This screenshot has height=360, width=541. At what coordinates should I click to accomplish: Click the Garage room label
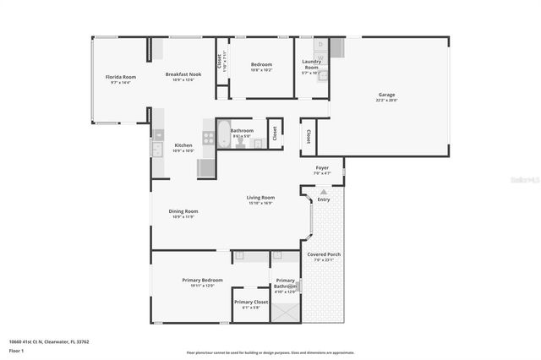click(386, 95)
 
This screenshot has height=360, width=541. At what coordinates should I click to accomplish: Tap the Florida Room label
click(121, 77)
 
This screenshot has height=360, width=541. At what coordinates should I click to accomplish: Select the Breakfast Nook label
click(183, 74)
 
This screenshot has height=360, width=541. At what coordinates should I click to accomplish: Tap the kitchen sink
click(157, 150)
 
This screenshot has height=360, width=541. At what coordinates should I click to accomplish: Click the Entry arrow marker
click(324, 191)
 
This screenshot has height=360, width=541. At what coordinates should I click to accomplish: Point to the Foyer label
click(322, 167)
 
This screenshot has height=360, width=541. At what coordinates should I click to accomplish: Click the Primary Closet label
click(251, 302)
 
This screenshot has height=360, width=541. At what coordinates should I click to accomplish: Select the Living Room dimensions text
click(260, 203)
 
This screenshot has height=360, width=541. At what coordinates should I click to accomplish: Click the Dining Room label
click(184, 211)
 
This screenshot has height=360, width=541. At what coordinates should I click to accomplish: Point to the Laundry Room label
click(311, 65)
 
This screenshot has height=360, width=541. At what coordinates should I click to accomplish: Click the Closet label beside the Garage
click(309, 135)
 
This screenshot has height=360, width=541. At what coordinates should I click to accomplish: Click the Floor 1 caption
click(17, 350)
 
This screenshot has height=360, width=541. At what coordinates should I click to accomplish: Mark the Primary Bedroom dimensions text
click(203, 286)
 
